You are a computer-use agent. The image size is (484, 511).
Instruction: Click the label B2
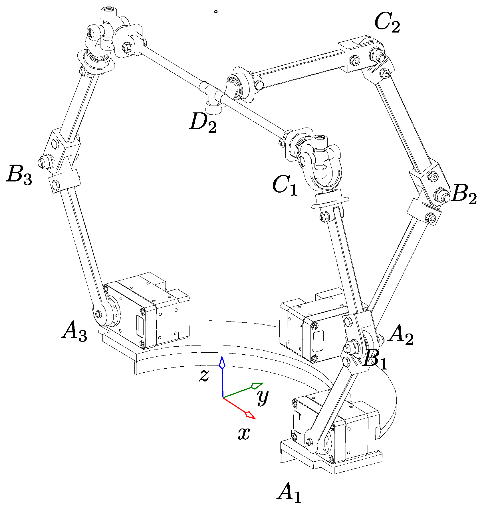tap(464, 195)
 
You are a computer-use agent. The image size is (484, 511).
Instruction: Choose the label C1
tap(285, 185)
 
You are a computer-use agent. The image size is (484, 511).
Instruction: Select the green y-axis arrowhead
tap(257, 386)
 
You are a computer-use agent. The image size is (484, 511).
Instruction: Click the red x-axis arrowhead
tap(250, 415)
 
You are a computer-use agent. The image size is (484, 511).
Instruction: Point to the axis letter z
tap(204, 375)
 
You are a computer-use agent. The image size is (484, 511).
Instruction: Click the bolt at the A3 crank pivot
tap(99, 314)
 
